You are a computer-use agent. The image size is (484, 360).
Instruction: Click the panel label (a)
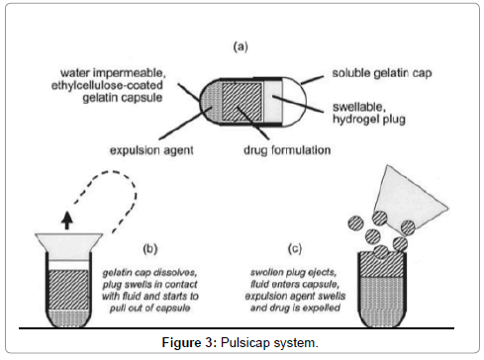pos(241,46)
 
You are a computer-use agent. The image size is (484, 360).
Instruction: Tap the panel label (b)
pos(150,248)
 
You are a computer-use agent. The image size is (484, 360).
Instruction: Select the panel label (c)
pos(295,248)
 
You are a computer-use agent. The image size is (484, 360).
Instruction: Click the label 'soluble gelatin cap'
pos(382,73)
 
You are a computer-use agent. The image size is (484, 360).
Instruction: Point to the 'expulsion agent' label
pos(151,150)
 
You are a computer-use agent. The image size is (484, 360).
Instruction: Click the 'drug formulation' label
pos(287,150)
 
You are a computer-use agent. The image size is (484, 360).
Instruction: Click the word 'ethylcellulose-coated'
pos(107,85)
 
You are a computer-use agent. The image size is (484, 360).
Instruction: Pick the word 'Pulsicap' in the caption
pos(245,343)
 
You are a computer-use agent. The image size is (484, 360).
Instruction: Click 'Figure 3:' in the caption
pos(189,342)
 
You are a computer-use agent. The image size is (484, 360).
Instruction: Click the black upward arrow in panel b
pos(67,221)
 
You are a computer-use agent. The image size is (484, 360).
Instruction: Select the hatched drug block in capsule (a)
pos(242,102)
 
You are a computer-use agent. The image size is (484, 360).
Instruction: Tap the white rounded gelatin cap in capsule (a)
pos(294,102)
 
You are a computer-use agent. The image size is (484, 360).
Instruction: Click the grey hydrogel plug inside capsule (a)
pos(272,102)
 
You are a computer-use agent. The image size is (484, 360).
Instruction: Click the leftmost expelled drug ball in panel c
pos(355,223)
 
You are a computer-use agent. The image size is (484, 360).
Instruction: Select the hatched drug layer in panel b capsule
pos(68,290)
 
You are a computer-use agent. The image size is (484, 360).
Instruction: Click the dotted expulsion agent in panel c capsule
pos(382,300)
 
